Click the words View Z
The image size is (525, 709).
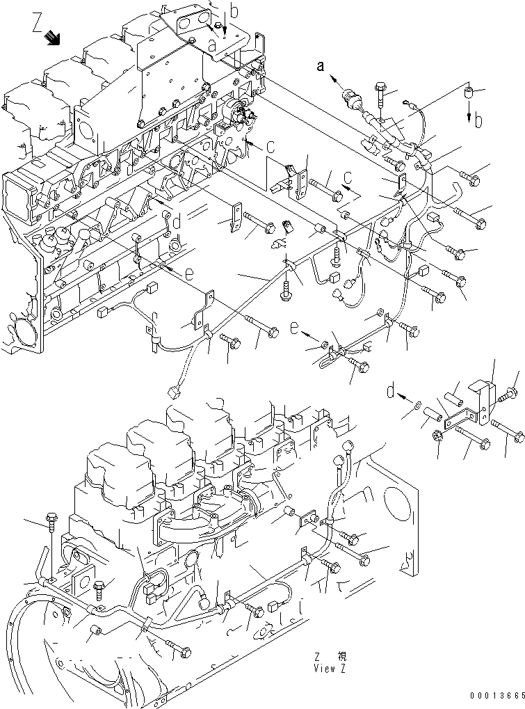click(328, 669)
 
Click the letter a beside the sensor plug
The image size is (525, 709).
click(321, 67)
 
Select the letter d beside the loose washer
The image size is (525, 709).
click(391, 393)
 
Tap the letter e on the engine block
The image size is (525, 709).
click(188, 274)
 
